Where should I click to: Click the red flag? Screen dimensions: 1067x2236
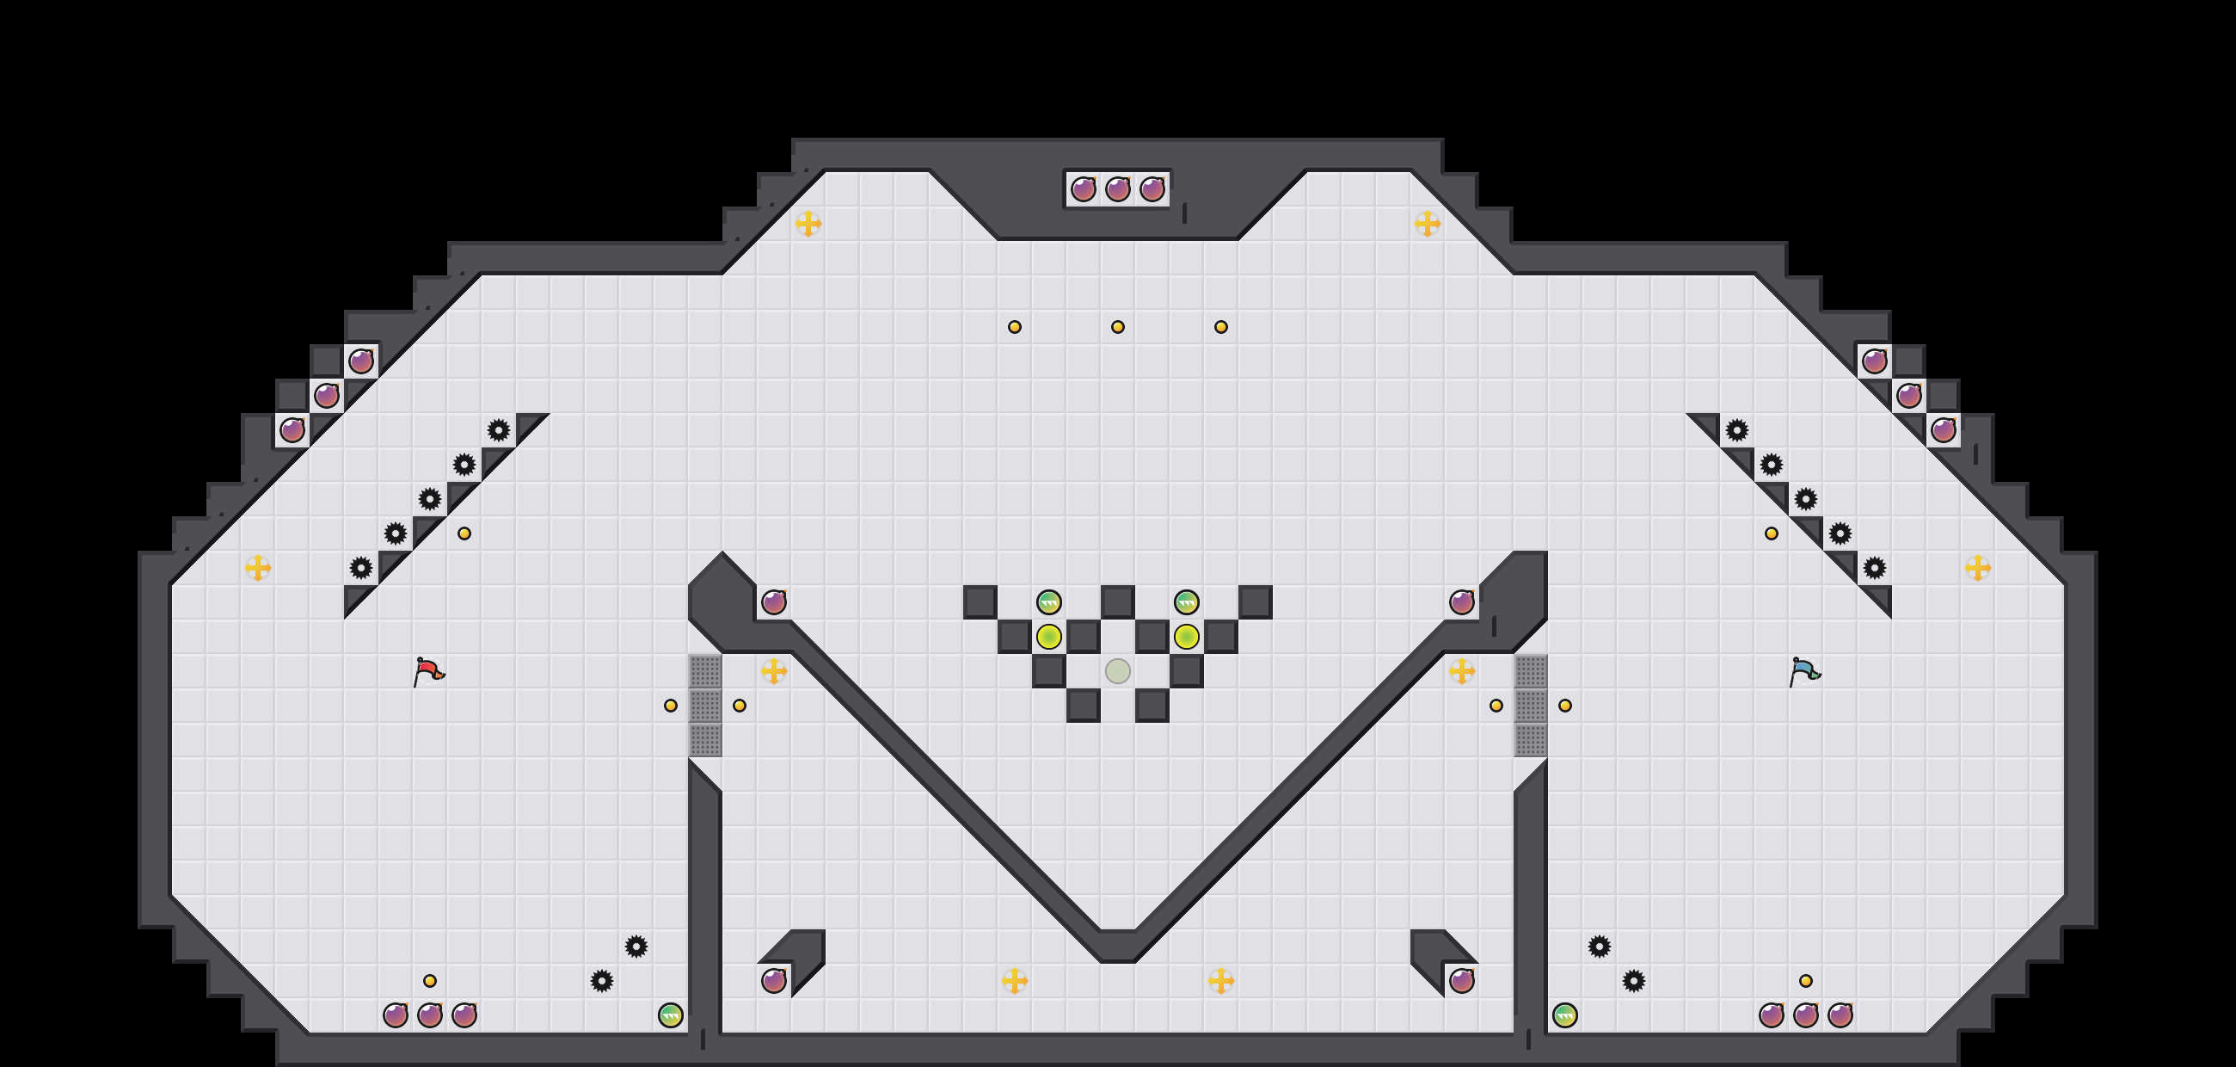(x=429, y=671)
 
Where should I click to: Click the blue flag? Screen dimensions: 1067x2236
(x=1804, y=671)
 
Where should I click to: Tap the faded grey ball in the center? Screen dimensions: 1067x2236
(x=1117, y=671)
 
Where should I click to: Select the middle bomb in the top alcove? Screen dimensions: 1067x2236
(x=1117, y=189)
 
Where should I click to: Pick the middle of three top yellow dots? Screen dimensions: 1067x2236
(x=1117, y=327)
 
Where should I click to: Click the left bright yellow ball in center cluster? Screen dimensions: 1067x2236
(x=1048, y=637)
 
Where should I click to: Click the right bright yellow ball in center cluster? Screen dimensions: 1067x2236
(x=1186, y=637)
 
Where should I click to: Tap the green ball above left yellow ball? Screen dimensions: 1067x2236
(x=1048, y=601)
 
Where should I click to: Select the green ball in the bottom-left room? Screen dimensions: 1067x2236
(x=670, y=1015)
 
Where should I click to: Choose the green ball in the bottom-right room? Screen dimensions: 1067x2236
(x=1564, y=1015)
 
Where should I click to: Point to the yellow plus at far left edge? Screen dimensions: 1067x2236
(x=258, y=568)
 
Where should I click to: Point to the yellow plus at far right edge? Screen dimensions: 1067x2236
(x=1977, y=568)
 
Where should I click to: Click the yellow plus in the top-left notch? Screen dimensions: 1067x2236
(x=808, y=224)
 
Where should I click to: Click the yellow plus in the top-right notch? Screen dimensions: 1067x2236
(x=1427, y=224)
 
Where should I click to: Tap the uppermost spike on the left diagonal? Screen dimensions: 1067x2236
(x=498, y=429)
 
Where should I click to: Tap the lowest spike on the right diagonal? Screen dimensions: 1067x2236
(x=1874, y=568)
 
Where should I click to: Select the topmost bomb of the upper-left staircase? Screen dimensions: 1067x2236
(x=361, y=361)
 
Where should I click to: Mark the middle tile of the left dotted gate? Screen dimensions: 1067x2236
(x=705, y=705)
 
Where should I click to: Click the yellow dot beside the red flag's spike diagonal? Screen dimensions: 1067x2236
(x=464, y=533)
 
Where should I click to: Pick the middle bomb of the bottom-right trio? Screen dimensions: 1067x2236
(x=1805, y=1015)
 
